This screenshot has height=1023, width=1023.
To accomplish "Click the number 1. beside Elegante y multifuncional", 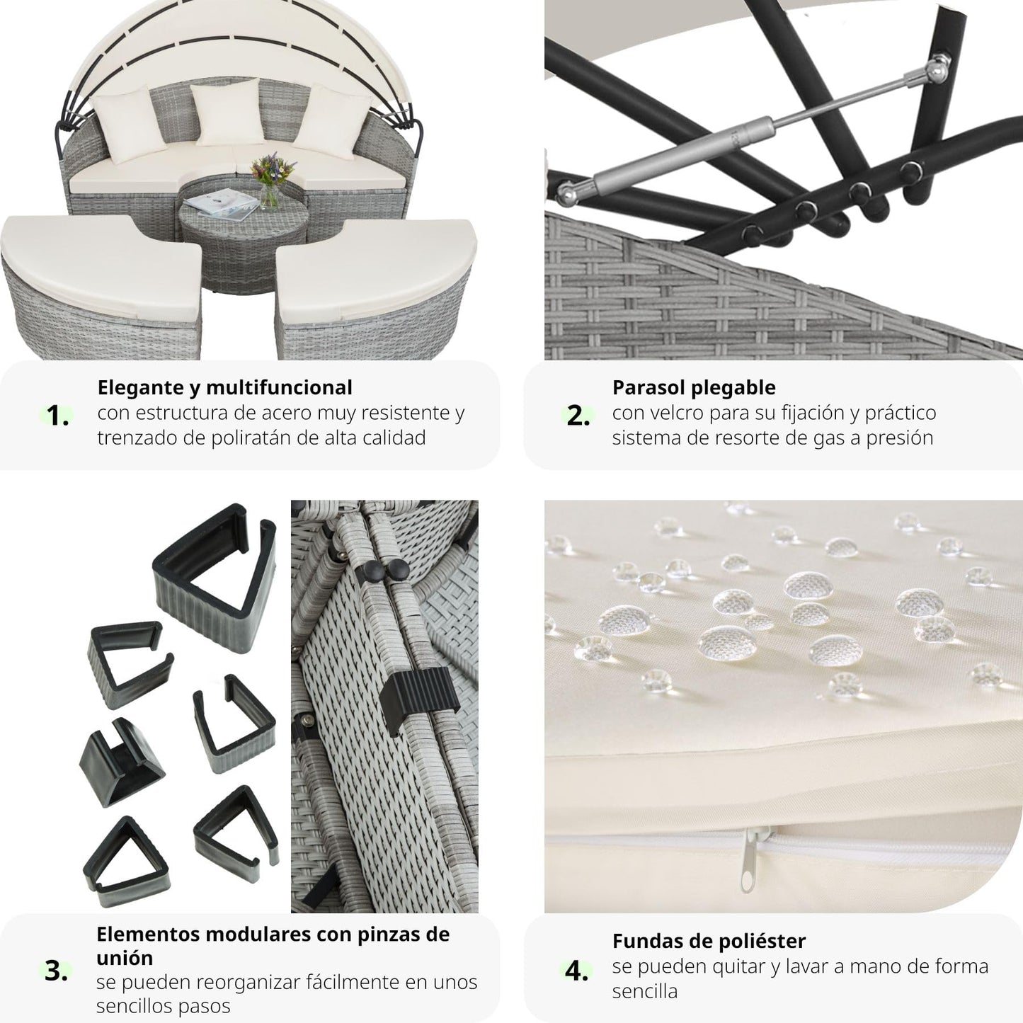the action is pyautogui.click(x=57, y=415).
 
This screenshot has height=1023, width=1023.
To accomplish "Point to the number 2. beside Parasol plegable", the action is pyautogui.click(x=578, y=416).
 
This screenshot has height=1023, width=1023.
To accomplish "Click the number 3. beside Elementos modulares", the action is pyautogui.click(x=56, y=970).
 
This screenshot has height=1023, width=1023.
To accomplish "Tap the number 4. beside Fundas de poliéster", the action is pyautogui.click(x=576, y=971).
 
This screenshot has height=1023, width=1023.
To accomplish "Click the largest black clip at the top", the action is pyautogui.click(x=215, y=576).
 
